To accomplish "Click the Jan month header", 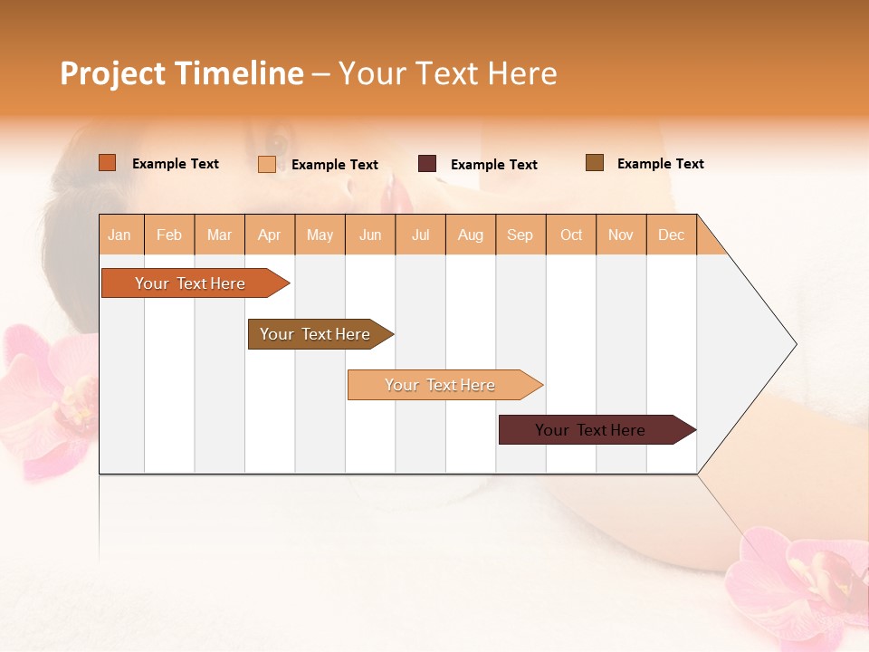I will (119, 235).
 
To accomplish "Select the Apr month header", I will (269, 235).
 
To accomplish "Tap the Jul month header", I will (420, 235).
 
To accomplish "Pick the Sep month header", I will (520, 235).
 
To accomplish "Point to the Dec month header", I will (671, 235).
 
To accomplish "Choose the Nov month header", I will (620, 235).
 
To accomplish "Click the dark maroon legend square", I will (427, 164).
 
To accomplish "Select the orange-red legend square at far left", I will (108, 163).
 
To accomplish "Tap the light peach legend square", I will (267, 164).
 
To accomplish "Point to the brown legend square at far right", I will (595, 163).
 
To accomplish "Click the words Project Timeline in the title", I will (181, 73).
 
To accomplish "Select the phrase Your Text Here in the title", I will (447, 73).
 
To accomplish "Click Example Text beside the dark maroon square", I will (493, 164).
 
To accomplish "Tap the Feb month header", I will (168, 235).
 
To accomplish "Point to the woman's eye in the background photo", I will (274, 143).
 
